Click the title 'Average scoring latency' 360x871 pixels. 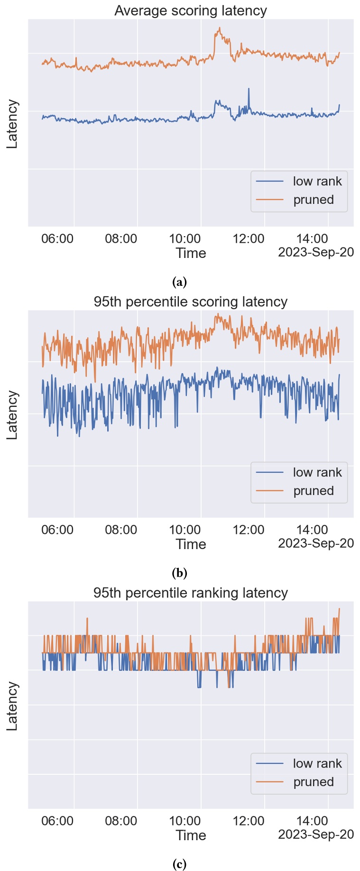point(190,10)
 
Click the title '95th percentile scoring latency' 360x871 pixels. point(190,302)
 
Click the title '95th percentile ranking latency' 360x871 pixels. point(190,593)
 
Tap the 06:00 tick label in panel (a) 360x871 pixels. point(57,238)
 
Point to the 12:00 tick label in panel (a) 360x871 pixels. point(249,238)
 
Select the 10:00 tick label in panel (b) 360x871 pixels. point(185,530)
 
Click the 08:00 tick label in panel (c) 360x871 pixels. point(121,821)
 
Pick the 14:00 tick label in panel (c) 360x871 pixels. point(312,821)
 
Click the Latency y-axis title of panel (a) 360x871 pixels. point(12,124)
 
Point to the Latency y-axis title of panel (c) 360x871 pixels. point(12,706)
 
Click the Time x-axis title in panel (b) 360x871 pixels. point(191,544)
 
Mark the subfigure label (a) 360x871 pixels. point(179,282)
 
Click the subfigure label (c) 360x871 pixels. point(179,864)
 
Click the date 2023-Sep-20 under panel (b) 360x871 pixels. point(316,543)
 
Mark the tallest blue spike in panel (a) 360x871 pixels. point(249,89)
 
